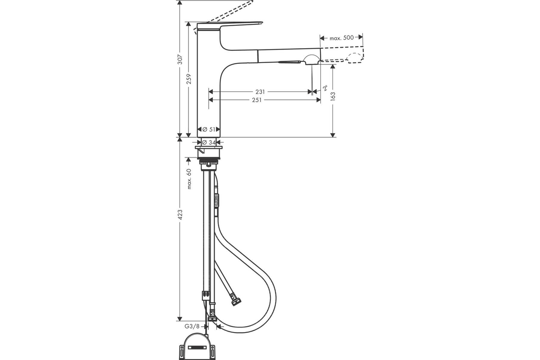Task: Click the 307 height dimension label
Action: coord(180,59)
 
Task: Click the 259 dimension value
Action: coord(189,79)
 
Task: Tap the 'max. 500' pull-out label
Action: coord(342,38)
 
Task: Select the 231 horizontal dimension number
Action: coord(260,92)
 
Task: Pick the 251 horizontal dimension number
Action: coord(257,100)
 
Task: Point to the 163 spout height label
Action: coord(333,96)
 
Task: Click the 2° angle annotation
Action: coord(325,88)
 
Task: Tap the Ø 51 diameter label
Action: coord(209,130)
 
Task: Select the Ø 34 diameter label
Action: coord(209,143)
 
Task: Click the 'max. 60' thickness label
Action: coord(189,179)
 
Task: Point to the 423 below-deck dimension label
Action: coord(180,215)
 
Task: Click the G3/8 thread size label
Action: coord(192,327)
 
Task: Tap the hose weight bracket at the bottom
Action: coord(197,347)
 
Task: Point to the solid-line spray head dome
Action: coord(311,59)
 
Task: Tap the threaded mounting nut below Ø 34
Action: coord(208,158)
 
